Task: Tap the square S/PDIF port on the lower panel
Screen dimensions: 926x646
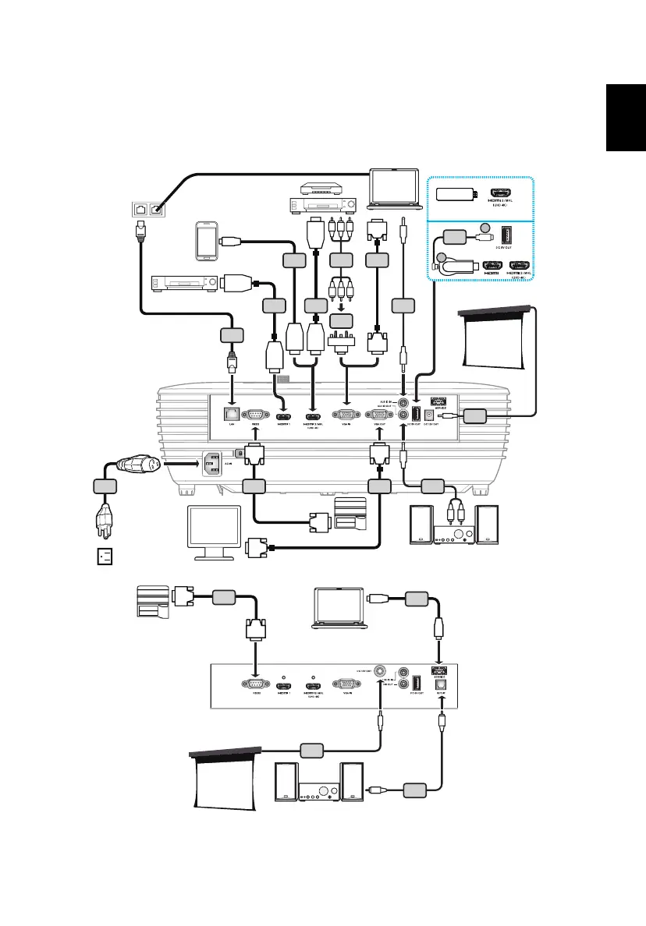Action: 442,685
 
